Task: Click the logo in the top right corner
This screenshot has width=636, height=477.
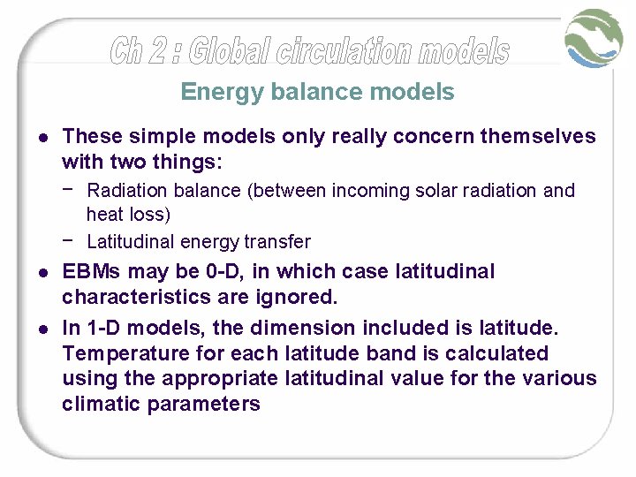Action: [595, 38]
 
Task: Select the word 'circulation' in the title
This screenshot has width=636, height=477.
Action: [344, 51]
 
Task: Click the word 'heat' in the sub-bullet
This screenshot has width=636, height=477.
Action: [104, 214]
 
